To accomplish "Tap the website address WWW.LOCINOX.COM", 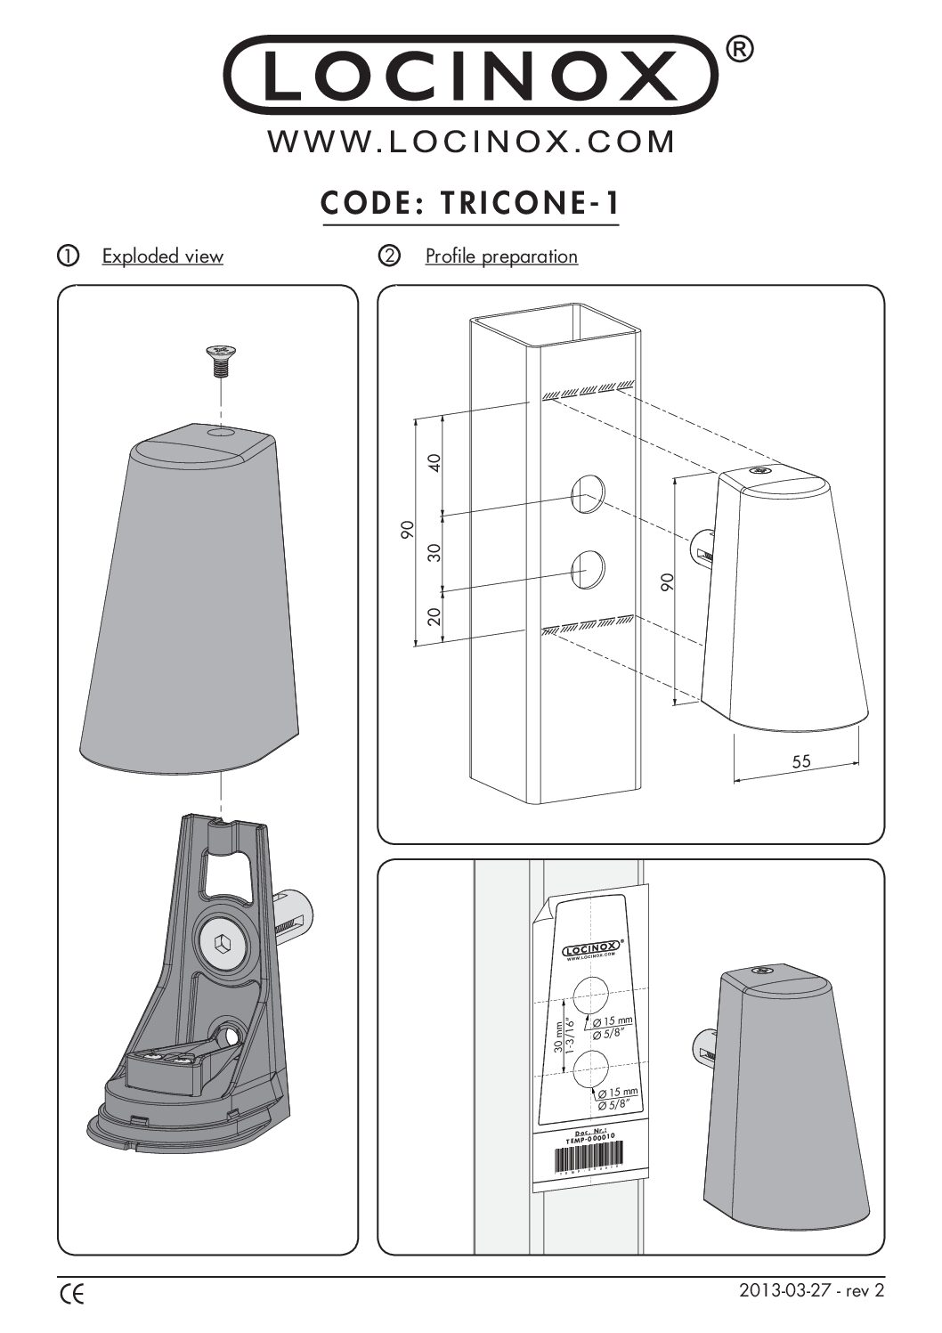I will point(471,142).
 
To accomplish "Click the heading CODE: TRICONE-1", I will point(469,204).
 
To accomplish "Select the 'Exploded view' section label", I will point(162,256).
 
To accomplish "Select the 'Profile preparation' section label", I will point(501,256).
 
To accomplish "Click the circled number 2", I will point(389,256).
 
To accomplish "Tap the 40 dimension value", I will point(434,462).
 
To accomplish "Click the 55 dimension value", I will point(800,762).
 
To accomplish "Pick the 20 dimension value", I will point(434,617).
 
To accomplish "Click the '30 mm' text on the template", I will point(559,1036).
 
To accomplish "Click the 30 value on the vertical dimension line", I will point(434,552).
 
